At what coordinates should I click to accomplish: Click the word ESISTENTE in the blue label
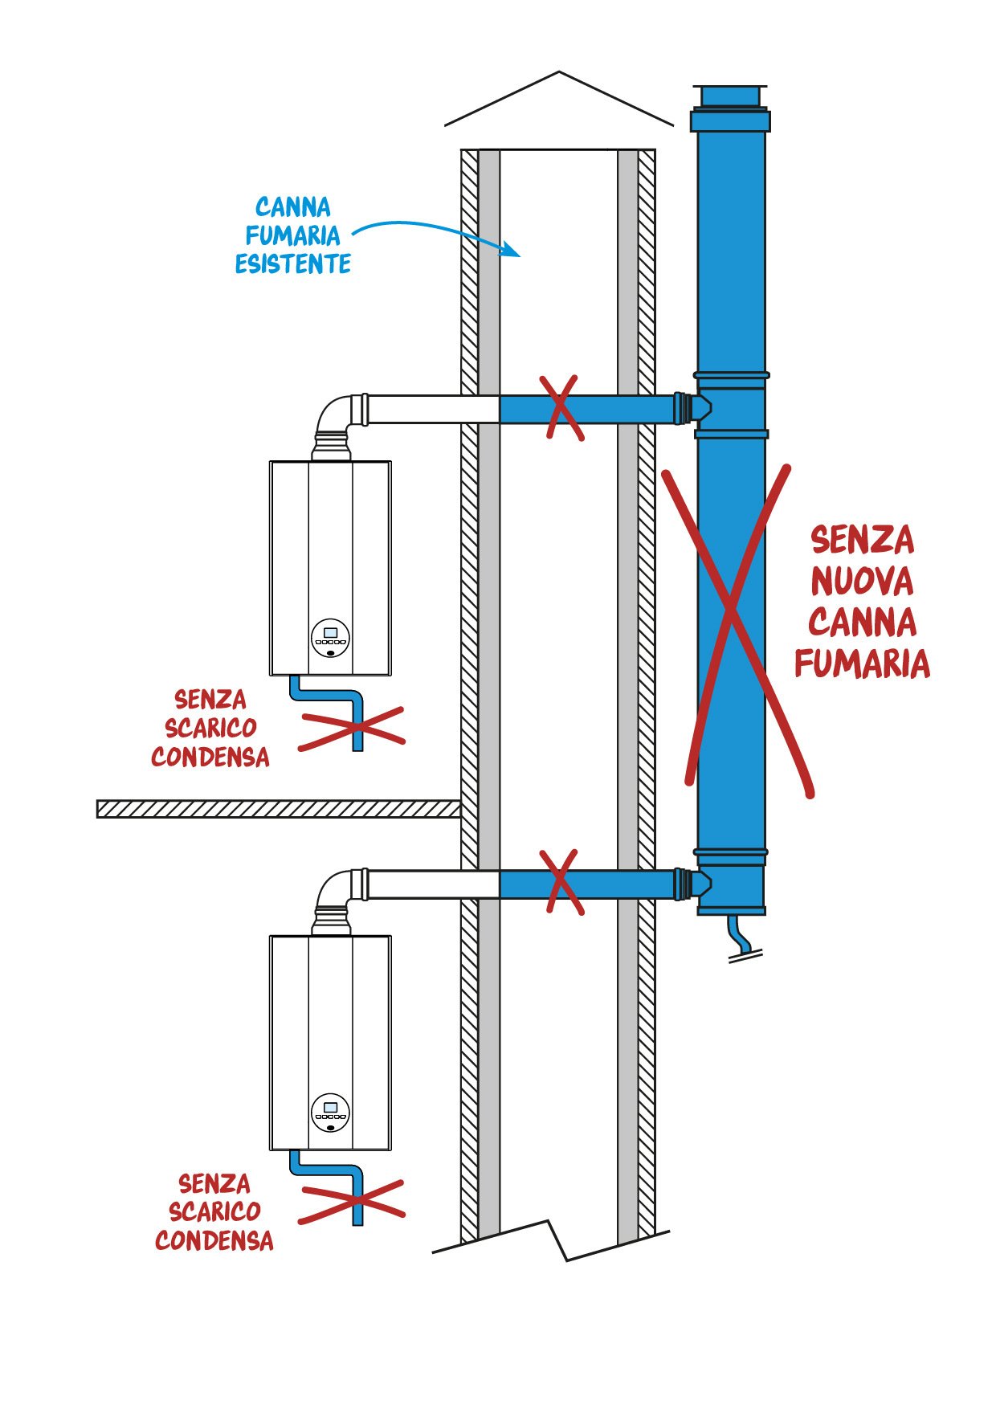pos(292,264)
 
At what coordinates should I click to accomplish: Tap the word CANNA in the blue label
pos(292,207)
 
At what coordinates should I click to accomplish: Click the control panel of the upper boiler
pos(330,637)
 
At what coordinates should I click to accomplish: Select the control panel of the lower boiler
pos(330,1112)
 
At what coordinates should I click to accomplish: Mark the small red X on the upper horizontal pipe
pos(562,408)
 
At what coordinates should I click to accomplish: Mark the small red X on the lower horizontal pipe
pos(562,882)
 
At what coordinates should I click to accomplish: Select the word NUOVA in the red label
pos(862,581)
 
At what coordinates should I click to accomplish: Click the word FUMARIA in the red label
pos(862,664)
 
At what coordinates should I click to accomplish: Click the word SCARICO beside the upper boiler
pos(210,728)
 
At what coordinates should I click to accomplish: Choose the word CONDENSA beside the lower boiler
pos(214,1240)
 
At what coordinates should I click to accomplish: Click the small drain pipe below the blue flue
pos(741,937)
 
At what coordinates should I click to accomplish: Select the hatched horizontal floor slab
pos(278,808)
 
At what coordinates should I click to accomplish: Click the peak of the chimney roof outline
pos(559,73)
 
